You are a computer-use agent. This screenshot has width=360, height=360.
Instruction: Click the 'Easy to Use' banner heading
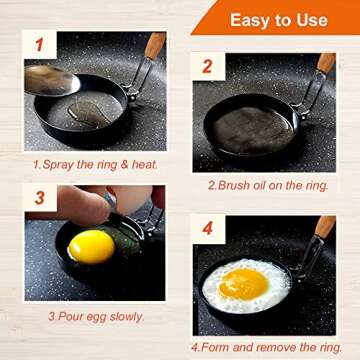click(277, 20)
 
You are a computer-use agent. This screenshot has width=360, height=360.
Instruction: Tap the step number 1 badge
click(40, 44)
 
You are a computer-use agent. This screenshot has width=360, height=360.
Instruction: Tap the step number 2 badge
click(208, 67)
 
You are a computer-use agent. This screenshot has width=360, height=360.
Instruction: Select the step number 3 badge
click(40, 197)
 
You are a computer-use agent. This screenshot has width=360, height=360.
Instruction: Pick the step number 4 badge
click(208, 229)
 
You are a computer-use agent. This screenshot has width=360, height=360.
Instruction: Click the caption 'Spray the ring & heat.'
click(96, 163)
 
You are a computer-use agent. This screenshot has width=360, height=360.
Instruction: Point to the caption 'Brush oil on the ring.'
click(269, 185)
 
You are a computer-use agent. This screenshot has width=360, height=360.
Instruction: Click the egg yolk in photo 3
click(90, 246)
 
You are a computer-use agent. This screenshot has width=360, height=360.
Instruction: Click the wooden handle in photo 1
click(155, 46)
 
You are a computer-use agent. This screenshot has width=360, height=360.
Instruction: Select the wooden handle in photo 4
click(326, 227)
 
